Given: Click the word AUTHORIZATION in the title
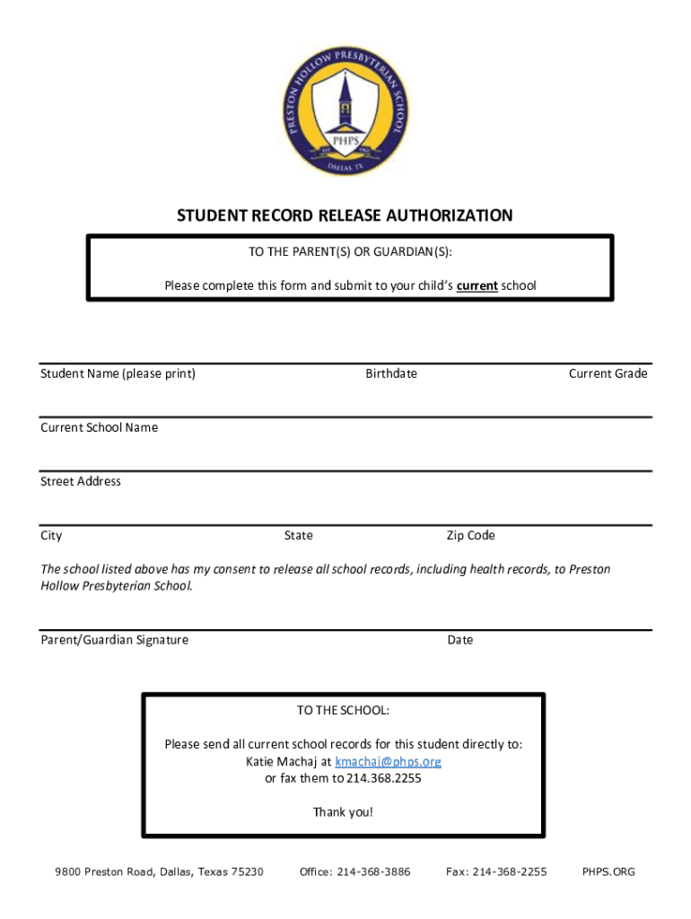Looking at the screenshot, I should coord(449,215).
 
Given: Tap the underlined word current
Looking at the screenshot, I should coord(477,286).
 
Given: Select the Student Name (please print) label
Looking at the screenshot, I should coord(118,373).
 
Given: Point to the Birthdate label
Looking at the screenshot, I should coord(390,373).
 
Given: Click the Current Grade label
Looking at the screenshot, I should coord(608,373).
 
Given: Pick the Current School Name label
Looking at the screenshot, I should coord(99,427).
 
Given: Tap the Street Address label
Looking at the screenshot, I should coord(80,481).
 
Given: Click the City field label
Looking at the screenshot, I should coord(51,536).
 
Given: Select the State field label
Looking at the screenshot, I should coord(298,536).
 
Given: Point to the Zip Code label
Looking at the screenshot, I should coord(470,536).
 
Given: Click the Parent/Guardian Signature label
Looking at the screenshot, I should coord(114,640).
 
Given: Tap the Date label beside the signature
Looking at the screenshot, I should coord(459,640).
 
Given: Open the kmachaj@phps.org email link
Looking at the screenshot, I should coord(388,761).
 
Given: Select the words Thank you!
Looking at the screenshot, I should coord(343,812).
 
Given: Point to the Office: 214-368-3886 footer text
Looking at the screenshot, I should coord(355,871).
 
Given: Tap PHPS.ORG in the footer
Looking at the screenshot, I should coord(608,871).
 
